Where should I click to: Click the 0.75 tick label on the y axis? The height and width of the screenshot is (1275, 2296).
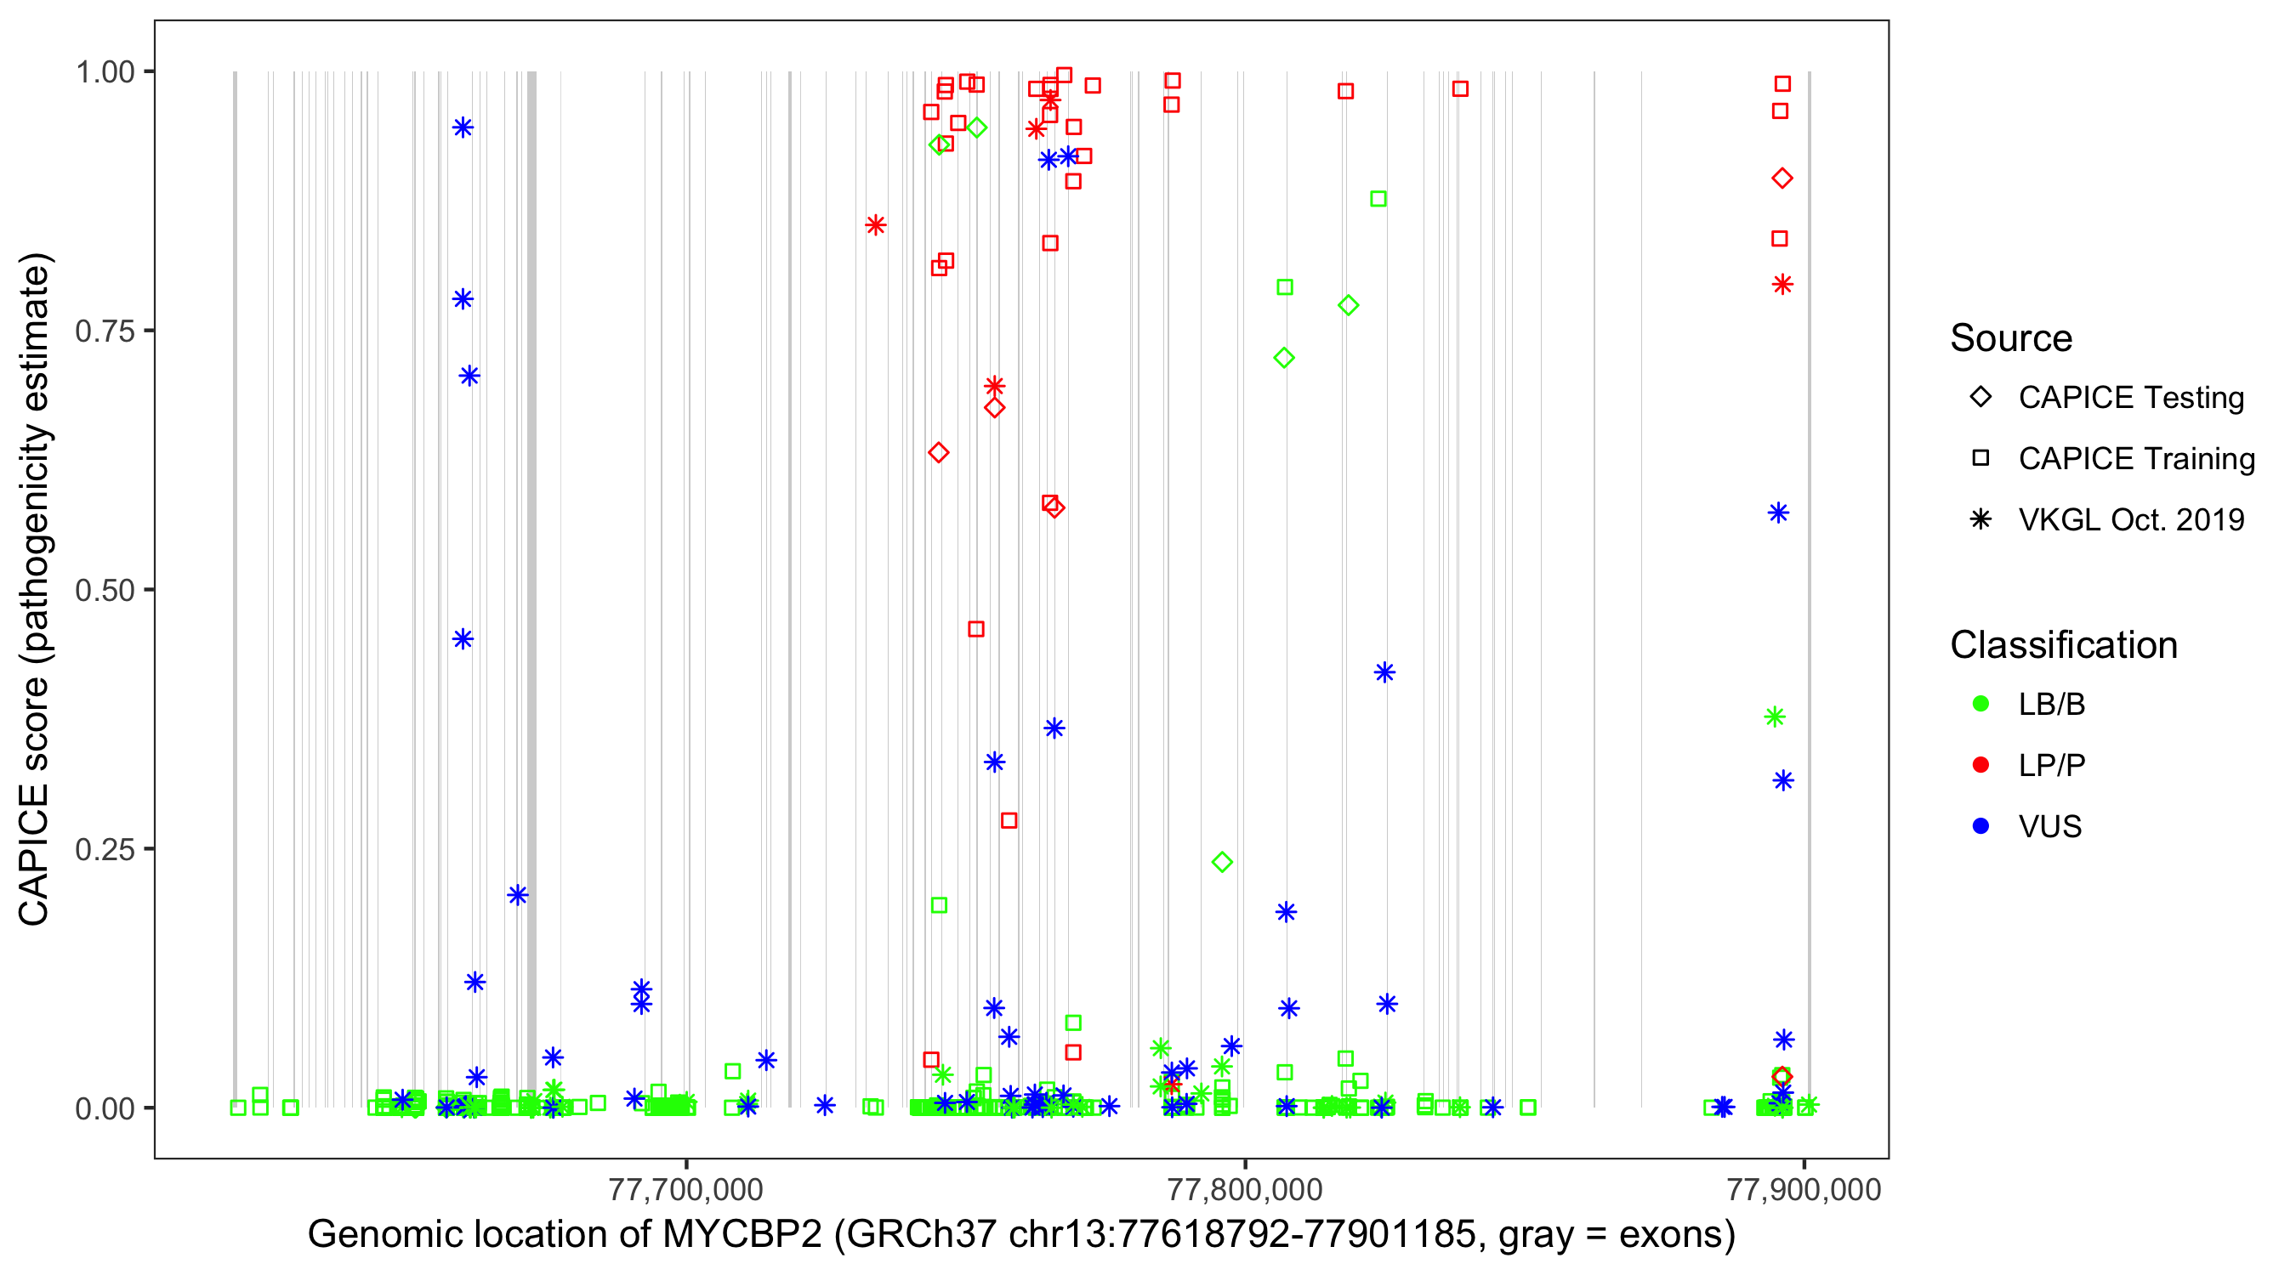(x=104, y=331)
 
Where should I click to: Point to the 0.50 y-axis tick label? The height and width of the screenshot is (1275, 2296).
(x=104, y=590)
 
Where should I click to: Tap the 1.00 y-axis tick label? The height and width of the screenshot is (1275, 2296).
(x=104, y=72)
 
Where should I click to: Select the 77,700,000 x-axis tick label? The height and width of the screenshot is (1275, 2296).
(x=685, y=1189)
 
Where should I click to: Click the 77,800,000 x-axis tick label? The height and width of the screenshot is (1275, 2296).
(x=1244, y=1189)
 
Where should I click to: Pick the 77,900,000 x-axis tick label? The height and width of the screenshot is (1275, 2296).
(x=1803, y=1189)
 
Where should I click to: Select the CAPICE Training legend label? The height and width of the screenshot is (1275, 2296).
(x=2136, y=459)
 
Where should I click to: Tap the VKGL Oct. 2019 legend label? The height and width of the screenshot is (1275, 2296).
(x=2131, y=520)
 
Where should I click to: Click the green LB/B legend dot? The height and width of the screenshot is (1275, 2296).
(x=1981, y=704)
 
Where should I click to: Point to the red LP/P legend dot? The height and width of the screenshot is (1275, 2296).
(x=1981, y=765)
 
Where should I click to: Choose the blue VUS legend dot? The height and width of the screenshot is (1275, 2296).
(x=1981, y=827)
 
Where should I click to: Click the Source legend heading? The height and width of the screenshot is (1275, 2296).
(x=2011, y=338)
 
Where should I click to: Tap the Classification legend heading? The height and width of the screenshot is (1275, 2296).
(x=2063, y=645)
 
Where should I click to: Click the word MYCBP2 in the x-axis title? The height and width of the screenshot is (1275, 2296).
(x=742, y=1235)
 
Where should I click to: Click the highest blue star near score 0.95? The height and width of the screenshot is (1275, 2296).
(x=463, y=127)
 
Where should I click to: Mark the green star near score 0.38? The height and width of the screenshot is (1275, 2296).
(x=1775, y=717)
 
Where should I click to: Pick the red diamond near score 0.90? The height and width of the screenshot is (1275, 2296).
(x=1782, y=178)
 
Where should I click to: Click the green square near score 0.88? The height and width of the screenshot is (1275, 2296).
(x=1378, y=199)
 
